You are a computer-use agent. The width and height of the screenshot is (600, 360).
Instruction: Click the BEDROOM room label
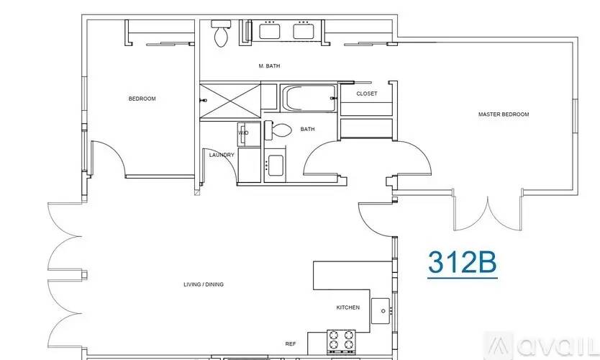click(x=142, y=99)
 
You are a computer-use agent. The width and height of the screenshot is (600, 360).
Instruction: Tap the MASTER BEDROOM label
click(x=504, y=114)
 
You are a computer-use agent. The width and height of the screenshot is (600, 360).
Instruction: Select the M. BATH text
click(x=269, y=66)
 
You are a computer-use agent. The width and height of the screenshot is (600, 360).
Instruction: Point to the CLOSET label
click(x=366, y=94)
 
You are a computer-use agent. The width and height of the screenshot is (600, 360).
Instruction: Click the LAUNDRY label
click(x=222, y=155)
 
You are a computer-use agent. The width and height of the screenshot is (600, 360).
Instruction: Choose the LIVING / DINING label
click(x=204, y=284)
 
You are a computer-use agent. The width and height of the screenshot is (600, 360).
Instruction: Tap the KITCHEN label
click(x=348, y=307)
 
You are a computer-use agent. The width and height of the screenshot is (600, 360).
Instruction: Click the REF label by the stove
click(x=291, y=344)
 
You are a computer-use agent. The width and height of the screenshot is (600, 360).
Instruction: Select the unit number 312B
click(x=463, y=263)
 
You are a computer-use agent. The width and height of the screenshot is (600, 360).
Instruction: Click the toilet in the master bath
click(x=221, y=33)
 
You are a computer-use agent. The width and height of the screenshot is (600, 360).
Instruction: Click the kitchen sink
click(x=381, y=311)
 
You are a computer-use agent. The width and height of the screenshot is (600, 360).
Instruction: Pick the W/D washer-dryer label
click(x=243, y=132)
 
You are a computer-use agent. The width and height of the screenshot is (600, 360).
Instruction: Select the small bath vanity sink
click(x=273, y=164)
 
